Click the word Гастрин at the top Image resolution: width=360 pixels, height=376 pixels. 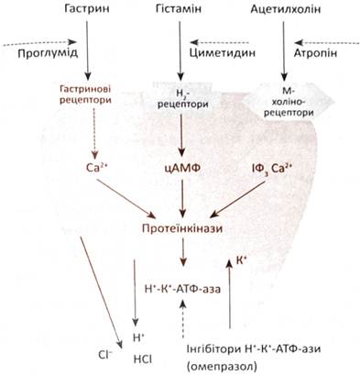click(x=87, y=9)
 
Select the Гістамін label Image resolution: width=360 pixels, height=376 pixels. click(x=179, y=9)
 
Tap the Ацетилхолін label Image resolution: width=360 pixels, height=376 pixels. click(x=286, y=9)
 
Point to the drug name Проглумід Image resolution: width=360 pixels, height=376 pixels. click(x=48, y=53)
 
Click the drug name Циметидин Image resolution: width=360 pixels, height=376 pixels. click(x=223, y=53)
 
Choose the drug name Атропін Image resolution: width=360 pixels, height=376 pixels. click(x=316, y=53)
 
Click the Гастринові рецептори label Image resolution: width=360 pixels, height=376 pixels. click(x=85, y=94)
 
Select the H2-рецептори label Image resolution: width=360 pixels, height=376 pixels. click(x=182, y=99)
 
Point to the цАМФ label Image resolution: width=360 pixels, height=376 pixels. click(x=183, y=168)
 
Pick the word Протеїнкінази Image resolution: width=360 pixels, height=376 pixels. click(x=182, y=228)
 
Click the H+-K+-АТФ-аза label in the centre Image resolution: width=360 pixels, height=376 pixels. click(x=182, y=288)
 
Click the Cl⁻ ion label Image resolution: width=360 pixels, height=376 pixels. click(x=105, y=355)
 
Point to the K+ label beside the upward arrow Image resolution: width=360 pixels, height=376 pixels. click(x=241, y=260)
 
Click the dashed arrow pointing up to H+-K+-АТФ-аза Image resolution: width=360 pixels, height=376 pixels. click(x=182, y=318)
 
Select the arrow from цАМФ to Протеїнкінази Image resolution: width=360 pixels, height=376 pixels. click(x=182, y=198)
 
